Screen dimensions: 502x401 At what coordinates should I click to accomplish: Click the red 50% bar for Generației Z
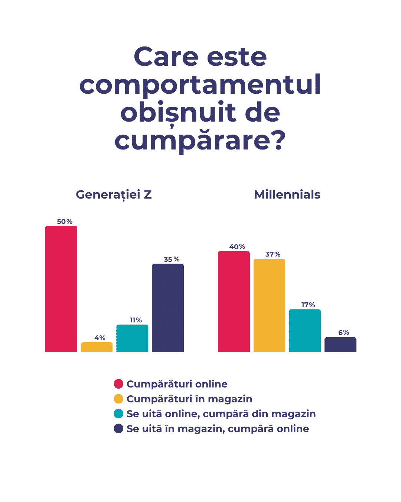click(61, 289)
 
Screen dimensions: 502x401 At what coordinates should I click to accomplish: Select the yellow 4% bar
click(97, 347)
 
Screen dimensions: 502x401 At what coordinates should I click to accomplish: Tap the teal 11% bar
click(132, 338)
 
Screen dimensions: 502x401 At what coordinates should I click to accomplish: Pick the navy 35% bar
click(168, 308)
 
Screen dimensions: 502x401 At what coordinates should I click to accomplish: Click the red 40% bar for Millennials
click(234, 302)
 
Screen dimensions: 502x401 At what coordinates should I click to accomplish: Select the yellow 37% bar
click(269, 305)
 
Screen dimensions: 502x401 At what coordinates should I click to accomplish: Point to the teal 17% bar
click(305, 331)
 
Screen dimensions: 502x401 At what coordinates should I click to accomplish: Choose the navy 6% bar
click(340, 345)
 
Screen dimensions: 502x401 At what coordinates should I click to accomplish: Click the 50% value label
click(65, 222)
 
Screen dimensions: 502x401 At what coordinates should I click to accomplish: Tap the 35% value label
click(172, 259)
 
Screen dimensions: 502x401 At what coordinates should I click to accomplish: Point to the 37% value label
click(273, 254)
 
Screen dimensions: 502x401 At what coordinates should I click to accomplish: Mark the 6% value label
click(343, 332)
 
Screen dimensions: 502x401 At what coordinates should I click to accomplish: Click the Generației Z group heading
click(114, 194)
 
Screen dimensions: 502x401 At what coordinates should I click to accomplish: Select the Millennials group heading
click(287, 194)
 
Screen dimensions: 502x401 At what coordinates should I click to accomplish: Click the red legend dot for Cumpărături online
click(118, 384)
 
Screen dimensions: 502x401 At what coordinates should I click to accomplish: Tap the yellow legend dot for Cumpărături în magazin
click(118, 399)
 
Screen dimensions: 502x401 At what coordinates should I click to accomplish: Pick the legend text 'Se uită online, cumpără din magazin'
click(221, 414)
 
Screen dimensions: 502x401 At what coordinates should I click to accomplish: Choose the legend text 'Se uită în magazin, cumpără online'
click(218, 429)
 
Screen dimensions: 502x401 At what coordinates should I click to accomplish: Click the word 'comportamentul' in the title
click(200, 85)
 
